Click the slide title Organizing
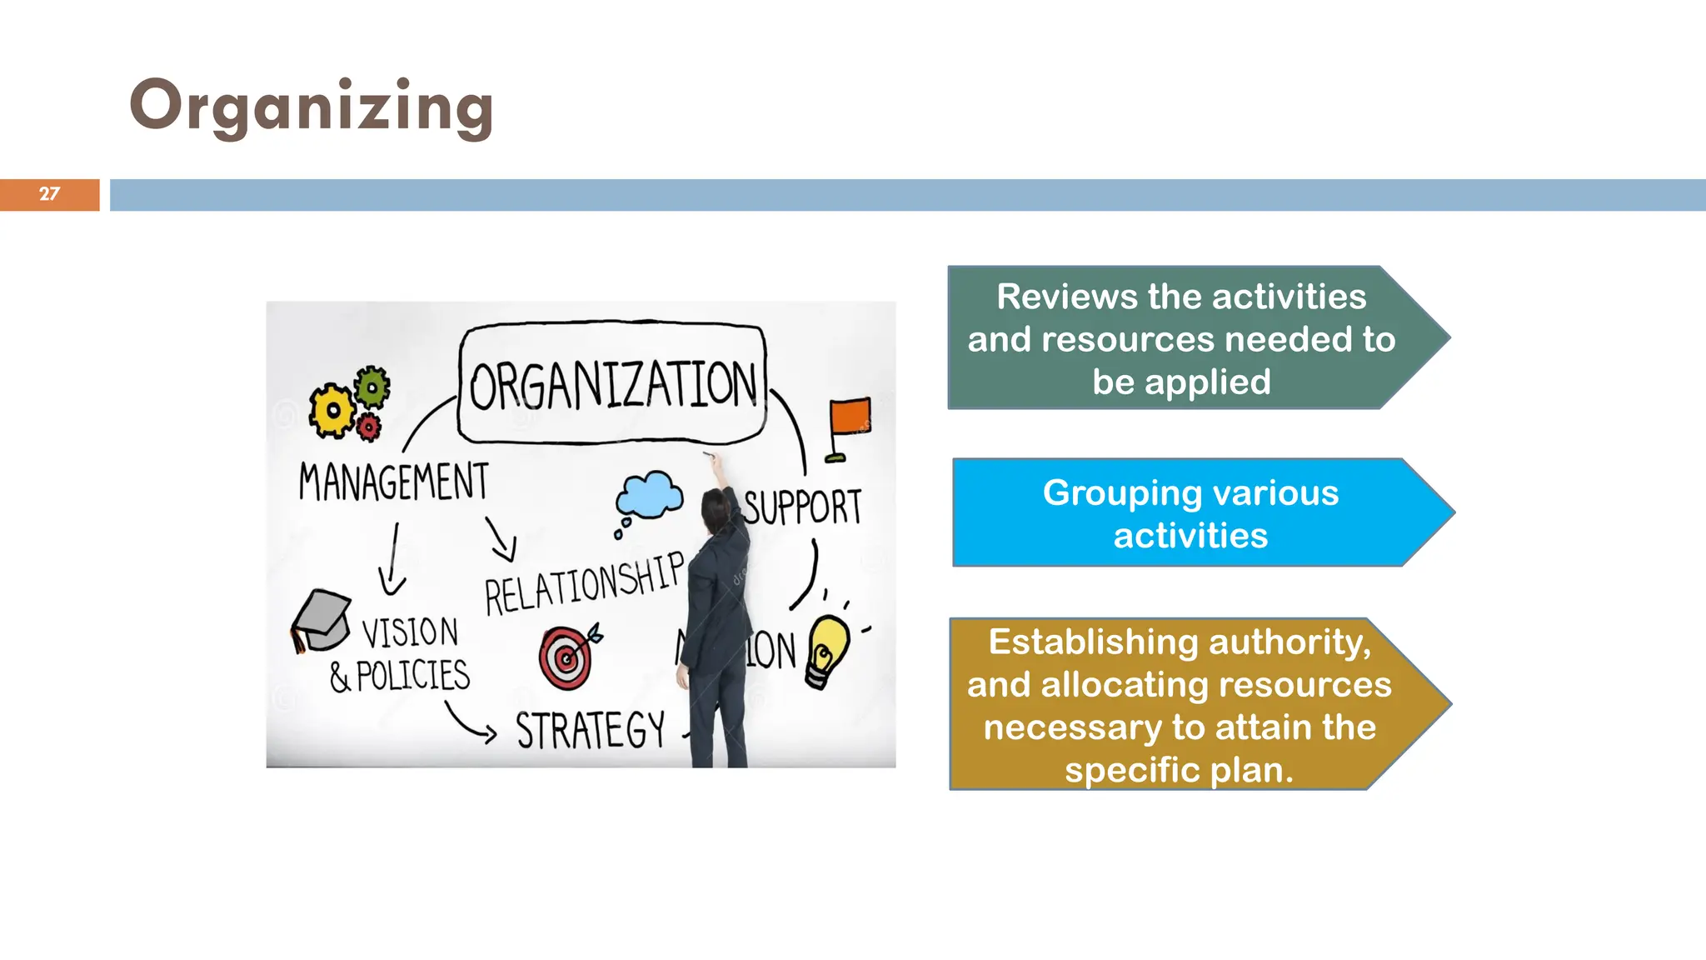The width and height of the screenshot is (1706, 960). point(312,107)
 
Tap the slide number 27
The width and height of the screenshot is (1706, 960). point(49,194)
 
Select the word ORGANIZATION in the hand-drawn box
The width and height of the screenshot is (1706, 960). point(612,385)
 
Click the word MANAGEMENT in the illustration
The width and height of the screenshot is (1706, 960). point(393,482)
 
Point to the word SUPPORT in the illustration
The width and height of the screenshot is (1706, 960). point(803,507)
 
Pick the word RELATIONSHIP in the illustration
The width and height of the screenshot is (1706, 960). point(584,583)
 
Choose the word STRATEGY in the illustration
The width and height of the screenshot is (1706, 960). point(590,730)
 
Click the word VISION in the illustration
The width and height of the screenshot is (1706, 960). point(410,632)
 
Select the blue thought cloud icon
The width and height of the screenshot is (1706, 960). point(650,496)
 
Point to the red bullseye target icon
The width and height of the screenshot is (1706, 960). point(566,657)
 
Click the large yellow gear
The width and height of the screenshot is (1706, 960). point(332,411)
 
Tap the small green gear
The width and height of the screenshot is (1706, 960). point(372,387)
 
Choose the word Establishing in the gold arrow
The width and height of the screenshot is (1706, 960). point(1093,642)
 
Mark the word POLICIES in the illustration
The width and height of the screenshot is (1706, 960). point(413,675)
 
